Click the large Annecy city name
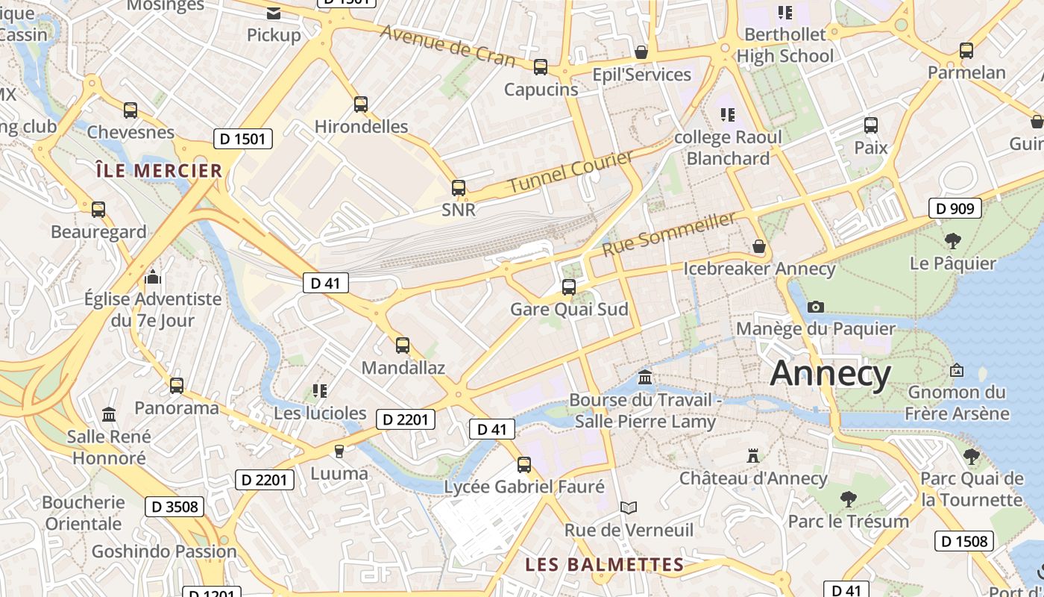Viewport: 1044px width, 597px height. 830,372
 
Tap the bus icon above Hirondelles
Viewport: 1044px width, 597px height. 361,104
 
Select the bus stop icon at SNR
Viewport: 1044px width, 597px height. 459,188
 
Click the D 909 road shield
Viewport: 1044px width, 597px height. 955,208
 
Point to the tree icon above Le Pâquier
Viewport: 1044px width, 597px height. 952,240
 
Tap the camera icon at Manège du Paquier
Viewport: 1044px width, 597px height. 816,307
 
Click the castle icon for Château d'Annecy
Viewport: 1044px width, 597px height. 753,455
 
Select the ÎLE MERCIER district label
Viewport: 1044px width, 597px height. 160,171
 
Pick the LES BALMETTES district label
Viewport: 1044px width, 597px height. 604,564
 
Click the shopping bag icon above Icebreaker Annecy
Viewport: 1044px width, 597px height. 759,246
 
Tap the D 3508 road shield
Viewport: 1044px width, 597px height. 174,507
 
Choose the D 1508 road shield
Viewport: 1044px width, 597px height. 964,541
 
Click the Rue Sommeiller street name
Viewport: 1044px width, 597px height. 669,234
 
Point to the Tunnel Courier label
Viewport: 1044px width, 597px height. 571,171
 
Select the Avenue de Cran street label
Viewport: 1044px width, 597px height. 447,46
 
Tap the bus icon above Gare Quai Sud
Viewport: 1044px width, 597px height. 569,287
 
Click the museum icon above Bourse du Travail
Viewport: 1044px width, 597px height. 645,378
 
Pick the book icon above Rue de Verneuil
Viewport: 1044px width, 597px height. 629,508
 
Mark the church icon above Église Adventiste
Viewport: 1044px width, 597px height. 153,278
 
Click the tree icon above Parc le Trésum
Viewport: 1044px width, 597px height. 848,498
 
